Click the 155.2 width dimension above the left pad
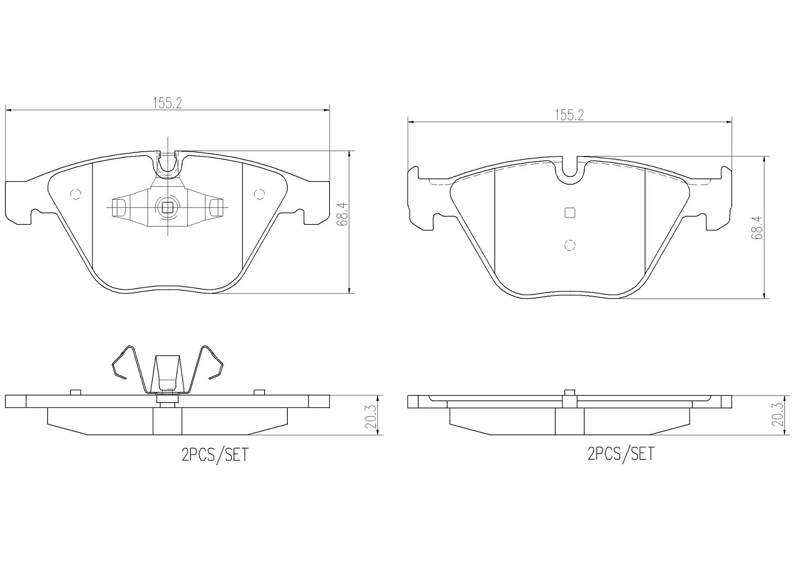(167, 103)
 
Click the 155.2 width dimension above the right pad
(569, 115)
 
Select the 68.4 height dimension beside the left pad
(342, 214)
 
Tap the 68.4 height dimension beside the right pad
(757, 227)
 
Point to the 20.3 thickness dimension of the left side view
(371, 416)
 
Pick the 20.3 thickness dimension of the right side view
(778, 415)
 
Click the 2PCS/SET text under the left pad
(215, 455)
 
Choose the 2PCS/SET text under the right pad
(621, 453)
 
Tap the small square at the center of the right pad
(570, 213)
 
